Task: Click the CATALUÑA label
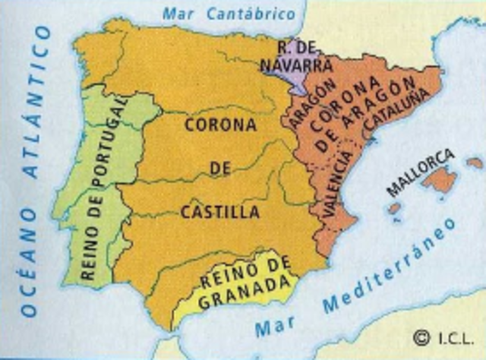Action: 395,106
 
